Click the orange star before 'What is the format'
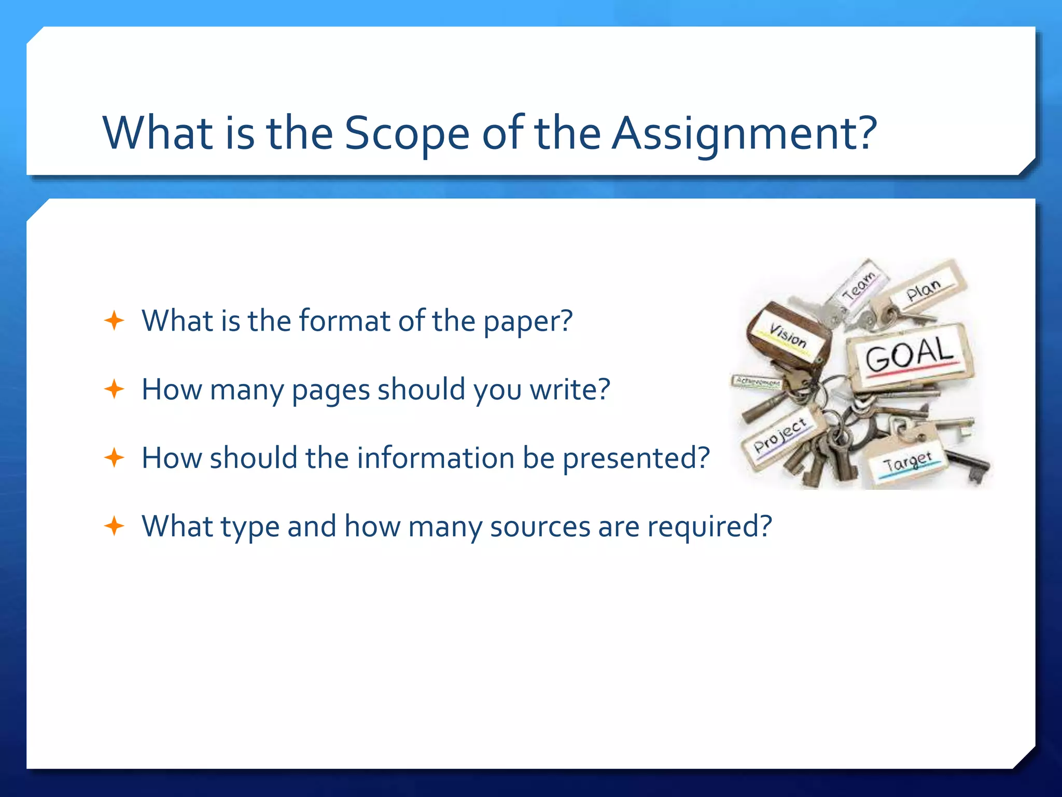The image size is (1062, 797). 114,321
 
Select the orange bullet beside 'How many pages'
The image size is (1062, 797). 114,389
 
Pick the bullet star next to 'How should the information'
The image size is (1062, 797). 114,458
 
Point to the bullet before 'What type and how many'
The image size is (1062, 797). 114,526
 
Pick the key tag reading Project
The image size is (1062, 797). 780,436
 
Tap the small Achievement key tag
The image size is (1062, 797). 758,382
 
